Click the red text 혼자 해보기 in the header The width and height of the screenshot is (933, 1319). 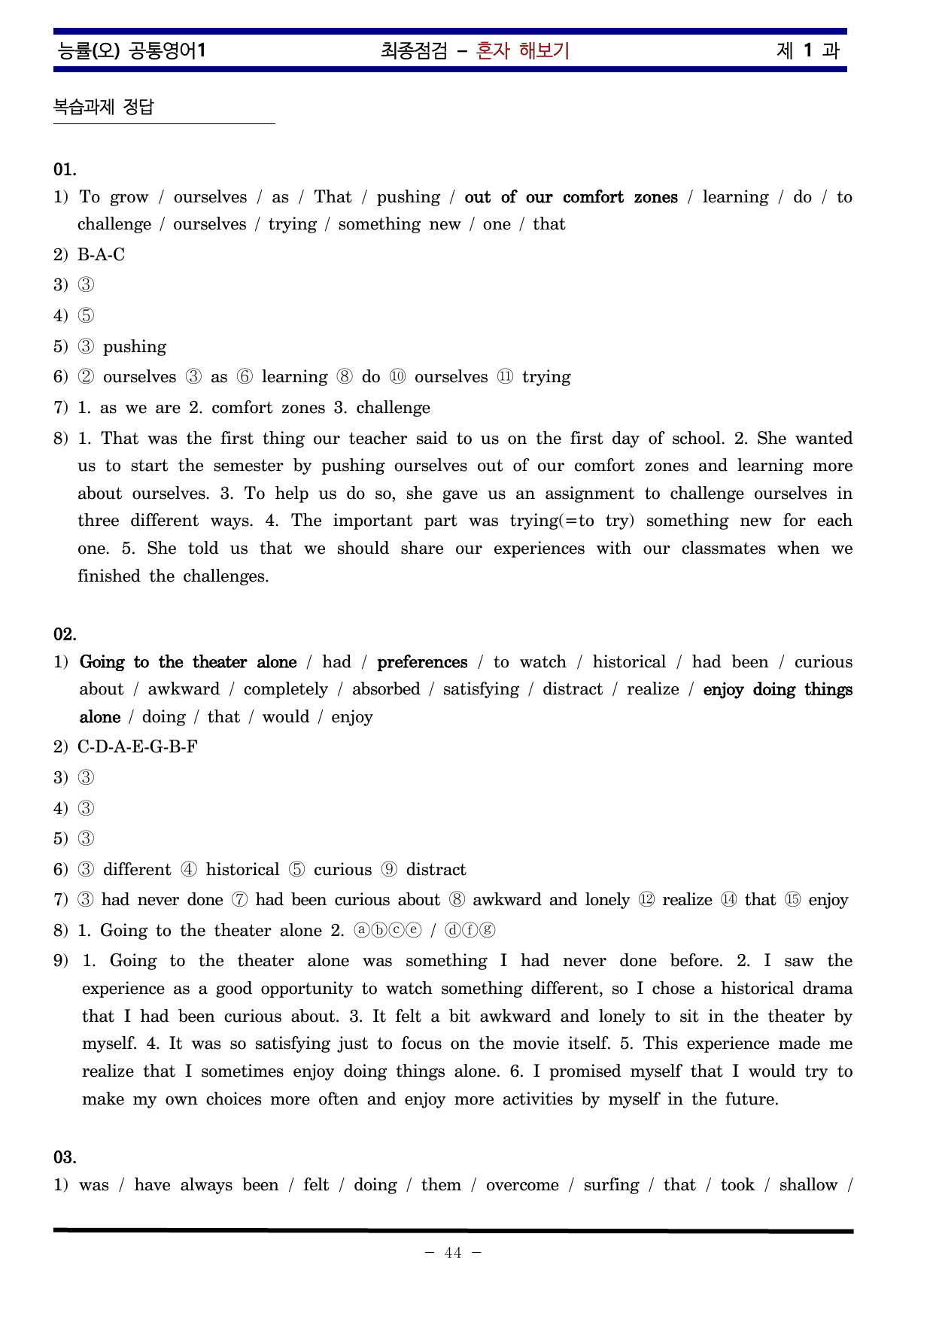click(523, 50)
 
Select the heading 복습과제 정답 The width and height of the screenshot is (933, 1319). click(104, 107)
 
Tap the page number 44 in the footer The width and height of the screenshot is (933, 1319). click(453, 1253)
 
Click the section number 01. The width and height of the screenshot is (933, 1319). click(65, 169)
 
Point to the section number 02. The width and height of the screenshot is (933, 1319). click(65, 634)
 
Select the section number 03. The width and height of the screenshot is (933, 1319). click(65, 1157)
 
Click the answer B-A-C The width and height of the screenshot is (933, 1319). click(101, 255)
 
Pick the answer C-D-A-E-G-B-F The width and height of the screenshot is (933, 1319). click(137, 747)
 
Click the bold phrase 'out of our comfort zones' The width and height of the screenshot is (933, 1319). click(570, 197)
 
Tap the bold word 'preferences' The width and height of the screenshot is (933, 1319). click(422, 662)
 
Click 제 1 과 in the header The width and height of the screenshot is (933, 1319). click(807, 50)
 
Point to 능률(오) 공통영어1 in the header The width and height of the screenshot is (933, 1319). click(132, 50)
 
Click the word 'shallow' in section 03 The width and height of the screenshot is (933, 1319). click(808, 1185)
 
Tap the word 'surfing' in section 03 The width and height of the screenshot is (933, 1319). click(611, 1185)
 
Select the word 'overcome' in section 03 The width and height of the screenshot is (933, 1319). click(522, 1185)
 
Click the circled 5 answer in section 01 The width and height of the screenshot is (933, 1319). click(87, 316)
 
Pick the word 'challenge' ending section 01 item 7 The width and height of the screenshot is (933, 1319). click(393, 408)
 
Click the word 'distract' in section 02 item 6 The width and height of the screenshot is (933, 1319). click(436, 870)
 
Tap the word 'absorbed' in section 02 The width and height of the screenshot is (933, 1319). click(386, 689)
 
